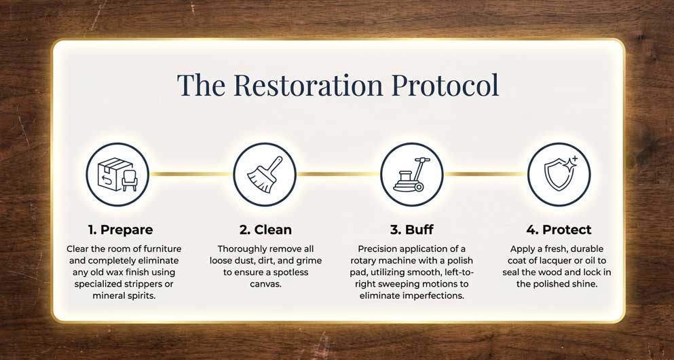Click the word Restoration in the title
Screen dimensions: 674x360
(x=308, y=84)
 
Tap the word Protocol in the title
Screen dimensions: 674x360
(x=446, y=84)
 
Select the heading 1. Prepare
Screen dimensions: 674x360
(x=120, y=230)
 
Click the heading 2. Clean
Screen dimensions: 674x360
(x=265, y=230)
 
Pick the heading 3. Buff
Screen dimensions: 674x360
(x=412, y=230)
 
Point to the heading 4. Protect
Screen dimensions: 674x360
(x=559, y=230)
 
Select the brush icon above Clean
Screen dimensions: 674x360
(x=265, y=175)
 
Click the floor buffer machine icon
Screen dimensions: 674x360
(x=412, y=175)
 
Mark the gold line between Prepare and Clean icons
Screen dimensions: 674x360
(x=191, y=174)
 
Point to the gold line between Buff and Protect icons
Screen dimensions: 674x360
(x=485, y=174)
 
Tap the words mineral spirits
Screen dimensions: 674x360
(x=124, y=296)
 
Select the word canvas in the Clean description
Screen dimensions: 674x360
(x=265, y=285)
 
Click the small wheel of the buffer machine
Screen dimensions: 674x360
(x=419, y=187)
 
